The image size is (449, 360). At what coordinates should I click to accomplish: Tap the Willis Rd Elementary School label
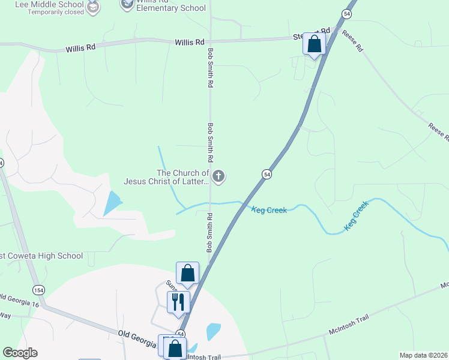(x=170, y=7)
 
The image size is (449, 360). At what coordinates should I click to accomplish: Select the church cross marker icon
(x=219, y=176)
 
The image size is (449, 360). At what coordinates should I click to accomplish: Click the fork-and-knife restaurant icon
(x=178, y=301)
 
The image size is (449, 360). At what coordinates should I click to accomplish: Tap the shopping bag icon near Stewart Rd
(x=314, y=44)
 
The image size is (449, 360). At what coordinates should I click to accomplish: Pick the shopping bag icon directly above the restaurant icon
(x=187, y=273)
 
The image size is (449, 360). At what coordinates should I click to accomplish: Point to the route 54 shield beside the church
(x=267, y=174)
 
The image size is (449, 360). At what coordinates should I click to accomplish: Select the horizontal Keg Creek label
(x=269, y=210)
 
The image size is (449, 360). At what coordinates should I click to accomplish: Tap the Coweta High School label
(x=41, y=256)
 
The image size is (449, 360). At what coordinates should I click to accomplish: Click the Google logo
(x=20, y=353)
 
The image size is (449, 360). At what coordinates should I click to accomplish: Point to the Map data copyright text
(x=423, y=355)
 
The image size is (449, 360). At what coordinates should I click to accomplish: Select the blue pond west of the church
(x=113, y=203)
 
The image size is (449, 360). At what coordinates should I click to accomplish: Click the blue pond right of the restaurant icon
(x=213, y=331)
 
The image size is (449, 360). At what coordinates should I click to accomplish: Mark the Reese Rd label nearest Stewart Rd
(x=352, y=40)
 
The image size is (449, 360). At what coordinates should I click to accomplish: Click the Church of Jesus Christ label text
(x=166, y=177)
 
